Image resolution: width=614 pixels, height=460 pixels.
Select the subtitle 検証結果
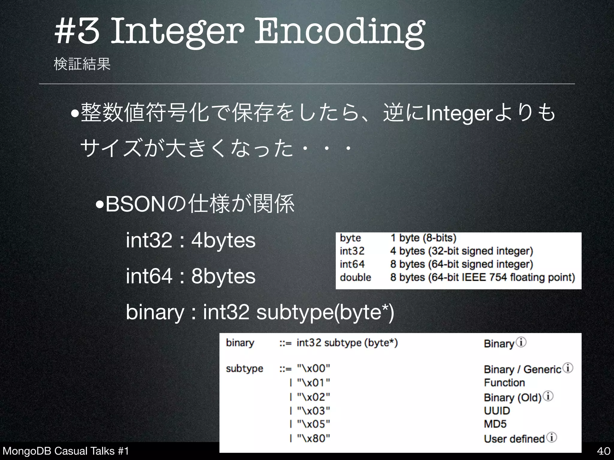(82, 64)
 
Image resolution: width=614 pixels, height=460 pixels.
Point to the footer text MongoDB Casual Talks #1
(66, 451)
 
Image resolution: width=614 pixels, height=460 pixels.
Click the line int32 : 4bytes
(191, 240)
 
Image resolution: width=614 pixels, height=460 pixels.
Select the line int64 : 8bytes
(191, 276)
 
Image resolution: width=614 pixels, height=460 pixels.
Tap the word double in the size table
(355, 277)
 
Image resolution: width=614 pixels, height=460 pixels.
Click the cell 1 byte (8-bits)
(423, 238)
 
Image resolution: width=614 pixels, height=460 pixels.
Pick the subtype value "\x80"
(313, 438)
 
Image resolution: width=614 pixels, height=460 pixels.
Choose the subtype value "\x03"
(313, 411)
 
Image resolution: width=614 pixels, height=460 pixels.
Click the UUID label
(497, 411)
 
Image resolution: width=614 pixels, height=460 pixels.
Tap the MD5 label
(495, 424)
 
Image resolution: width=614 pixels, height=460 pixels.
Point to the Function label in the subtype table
(504, 383)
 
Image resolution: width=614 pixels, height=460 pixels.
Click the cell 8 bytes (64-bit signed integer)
(461, 264)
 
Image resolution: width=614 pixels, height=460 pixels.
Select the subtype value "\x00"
(313, 368)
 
